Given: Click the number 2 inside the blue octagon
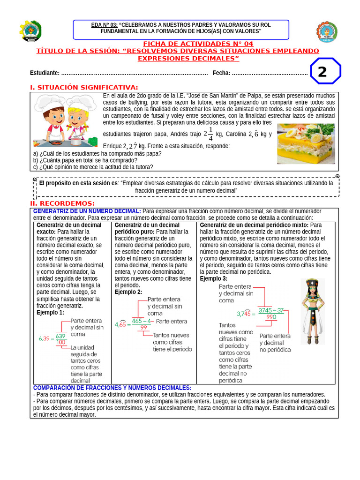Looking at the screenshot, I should coord(322,72).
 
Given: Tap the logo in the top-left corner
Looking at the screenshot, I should coord(30,31).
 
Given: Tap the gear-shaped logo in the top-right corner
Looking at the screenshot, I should coord(327,31).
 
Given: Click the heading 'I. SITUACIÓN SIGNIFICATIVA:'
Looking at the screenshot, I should coord(84,88).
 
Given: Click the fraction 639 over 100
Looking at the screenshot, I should coord(60,339).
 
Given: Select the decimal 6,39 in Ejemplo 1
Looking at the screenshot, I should coord(44,338).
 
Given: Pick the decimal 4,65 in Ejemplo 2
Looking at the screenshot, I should coord(120,324).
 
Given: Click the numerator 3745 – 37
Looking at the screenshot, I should coord(271,310).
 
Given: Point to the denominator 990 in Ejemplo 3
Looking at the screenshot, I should coord(271,317).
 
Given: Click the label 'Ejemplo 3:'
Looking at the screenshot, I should coord(214,278).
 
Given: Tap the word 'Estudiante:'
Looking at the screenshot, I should coord(45,73).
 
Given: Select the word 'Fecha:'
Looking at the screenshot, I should coord(221,73).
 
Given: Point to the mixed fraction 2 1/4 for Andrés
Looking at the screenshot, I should coord(208,134).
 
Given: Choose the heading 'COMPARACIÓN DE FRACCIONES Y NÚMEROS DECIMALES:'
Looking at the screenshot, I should coord(112,388).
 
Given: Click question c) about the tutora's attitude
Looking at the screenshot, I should coord(93,166).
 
